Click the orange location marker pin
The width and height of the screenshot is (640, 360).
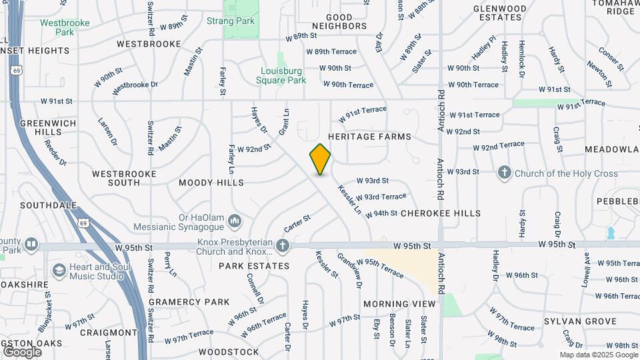click(321, 159)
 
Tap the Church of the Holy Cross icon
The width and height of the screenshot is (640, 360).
click(504, 173)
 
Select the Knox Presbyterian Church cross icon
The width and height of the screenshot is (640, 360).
click(283, 247)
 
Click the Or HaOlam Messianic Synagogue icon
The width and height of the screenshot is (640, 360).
click(234, 220)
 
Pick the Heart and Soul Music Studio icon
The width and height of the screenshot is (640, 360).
click(59, 271)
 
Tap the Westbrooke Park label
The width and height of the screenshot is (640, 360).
click(65, 27)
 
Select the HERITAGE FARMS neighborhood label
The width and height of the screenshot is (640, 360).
click(369, 137)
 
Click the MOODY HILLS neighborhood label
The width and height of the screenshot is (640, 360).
click(211, 182)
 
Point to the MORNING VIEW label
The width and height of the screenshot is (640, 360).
click(399, 304)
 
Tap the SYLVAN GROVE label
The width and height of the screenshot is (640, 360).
click(582, 321)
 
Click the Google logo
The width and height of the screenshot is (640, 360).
click(22, 351)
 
